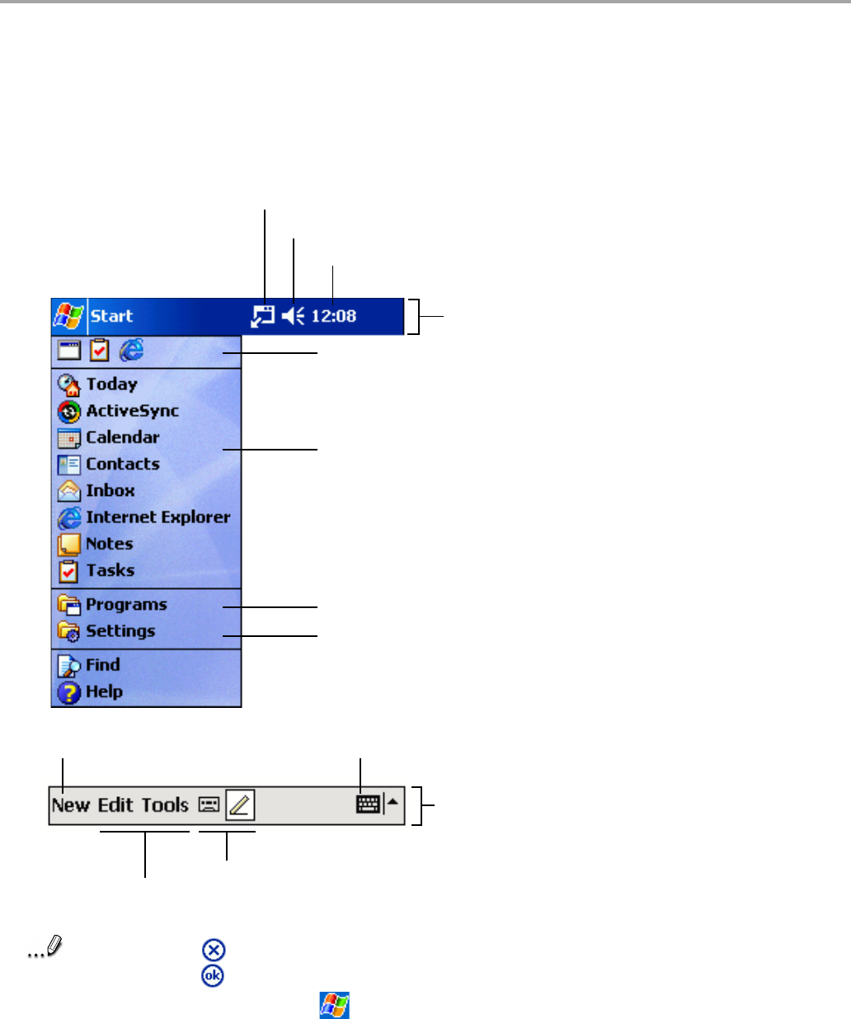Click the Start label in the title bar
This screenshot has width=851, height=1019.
[111, 316]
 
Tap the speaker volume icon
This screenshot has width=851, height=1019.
[293, 316]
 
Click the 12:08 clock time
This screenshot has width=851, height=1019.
[334, 316]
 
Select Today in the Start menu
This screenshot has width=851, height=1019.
[111, 384]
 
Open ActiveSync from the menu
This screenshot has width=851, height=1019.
[132, 411]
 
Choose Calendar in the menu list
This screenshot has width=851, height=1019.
[122, 437]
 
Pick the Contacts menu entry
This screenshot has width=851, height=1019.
[122, 464]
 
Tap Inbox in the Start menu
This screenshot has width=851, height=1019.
[110, 491]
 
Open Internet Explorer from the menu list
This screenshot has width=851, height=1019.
[158, 517]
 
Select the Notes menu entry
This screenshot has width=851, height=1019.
[109, 544]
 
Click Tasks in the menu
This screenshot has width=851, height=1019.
[110, 570]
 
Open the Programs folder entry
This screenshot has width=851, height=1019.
[126, 605]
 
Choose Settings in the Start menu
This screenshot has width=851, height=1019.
[120, 631]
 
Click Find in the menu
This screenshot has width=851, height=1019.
[102, 665]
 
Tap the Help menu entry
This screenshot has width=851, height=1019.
[104, 692]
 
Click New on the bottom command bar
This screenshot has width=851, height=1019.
[71, 805]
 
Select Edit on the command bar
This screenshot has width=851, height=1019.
[115, 805]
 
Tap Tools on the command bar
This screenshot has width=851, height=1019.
[165, 805]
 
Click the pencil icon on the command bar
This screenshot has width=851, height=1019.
[240, 804]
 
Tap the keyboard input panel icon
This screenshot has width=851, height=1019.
[368, 804]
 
